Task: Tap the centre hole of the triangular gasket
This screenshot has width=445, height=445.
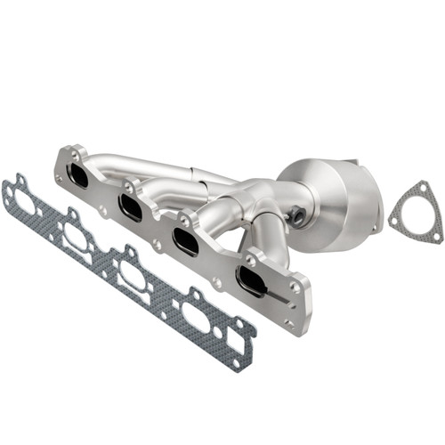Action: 415,217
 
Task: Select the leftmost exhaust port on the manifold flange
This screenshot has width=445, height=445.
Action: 78,175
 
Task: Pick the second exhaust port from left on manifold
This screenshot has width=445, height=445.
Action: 131,208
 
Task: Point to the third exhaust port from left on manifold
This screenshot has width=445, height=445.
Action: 186,240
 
